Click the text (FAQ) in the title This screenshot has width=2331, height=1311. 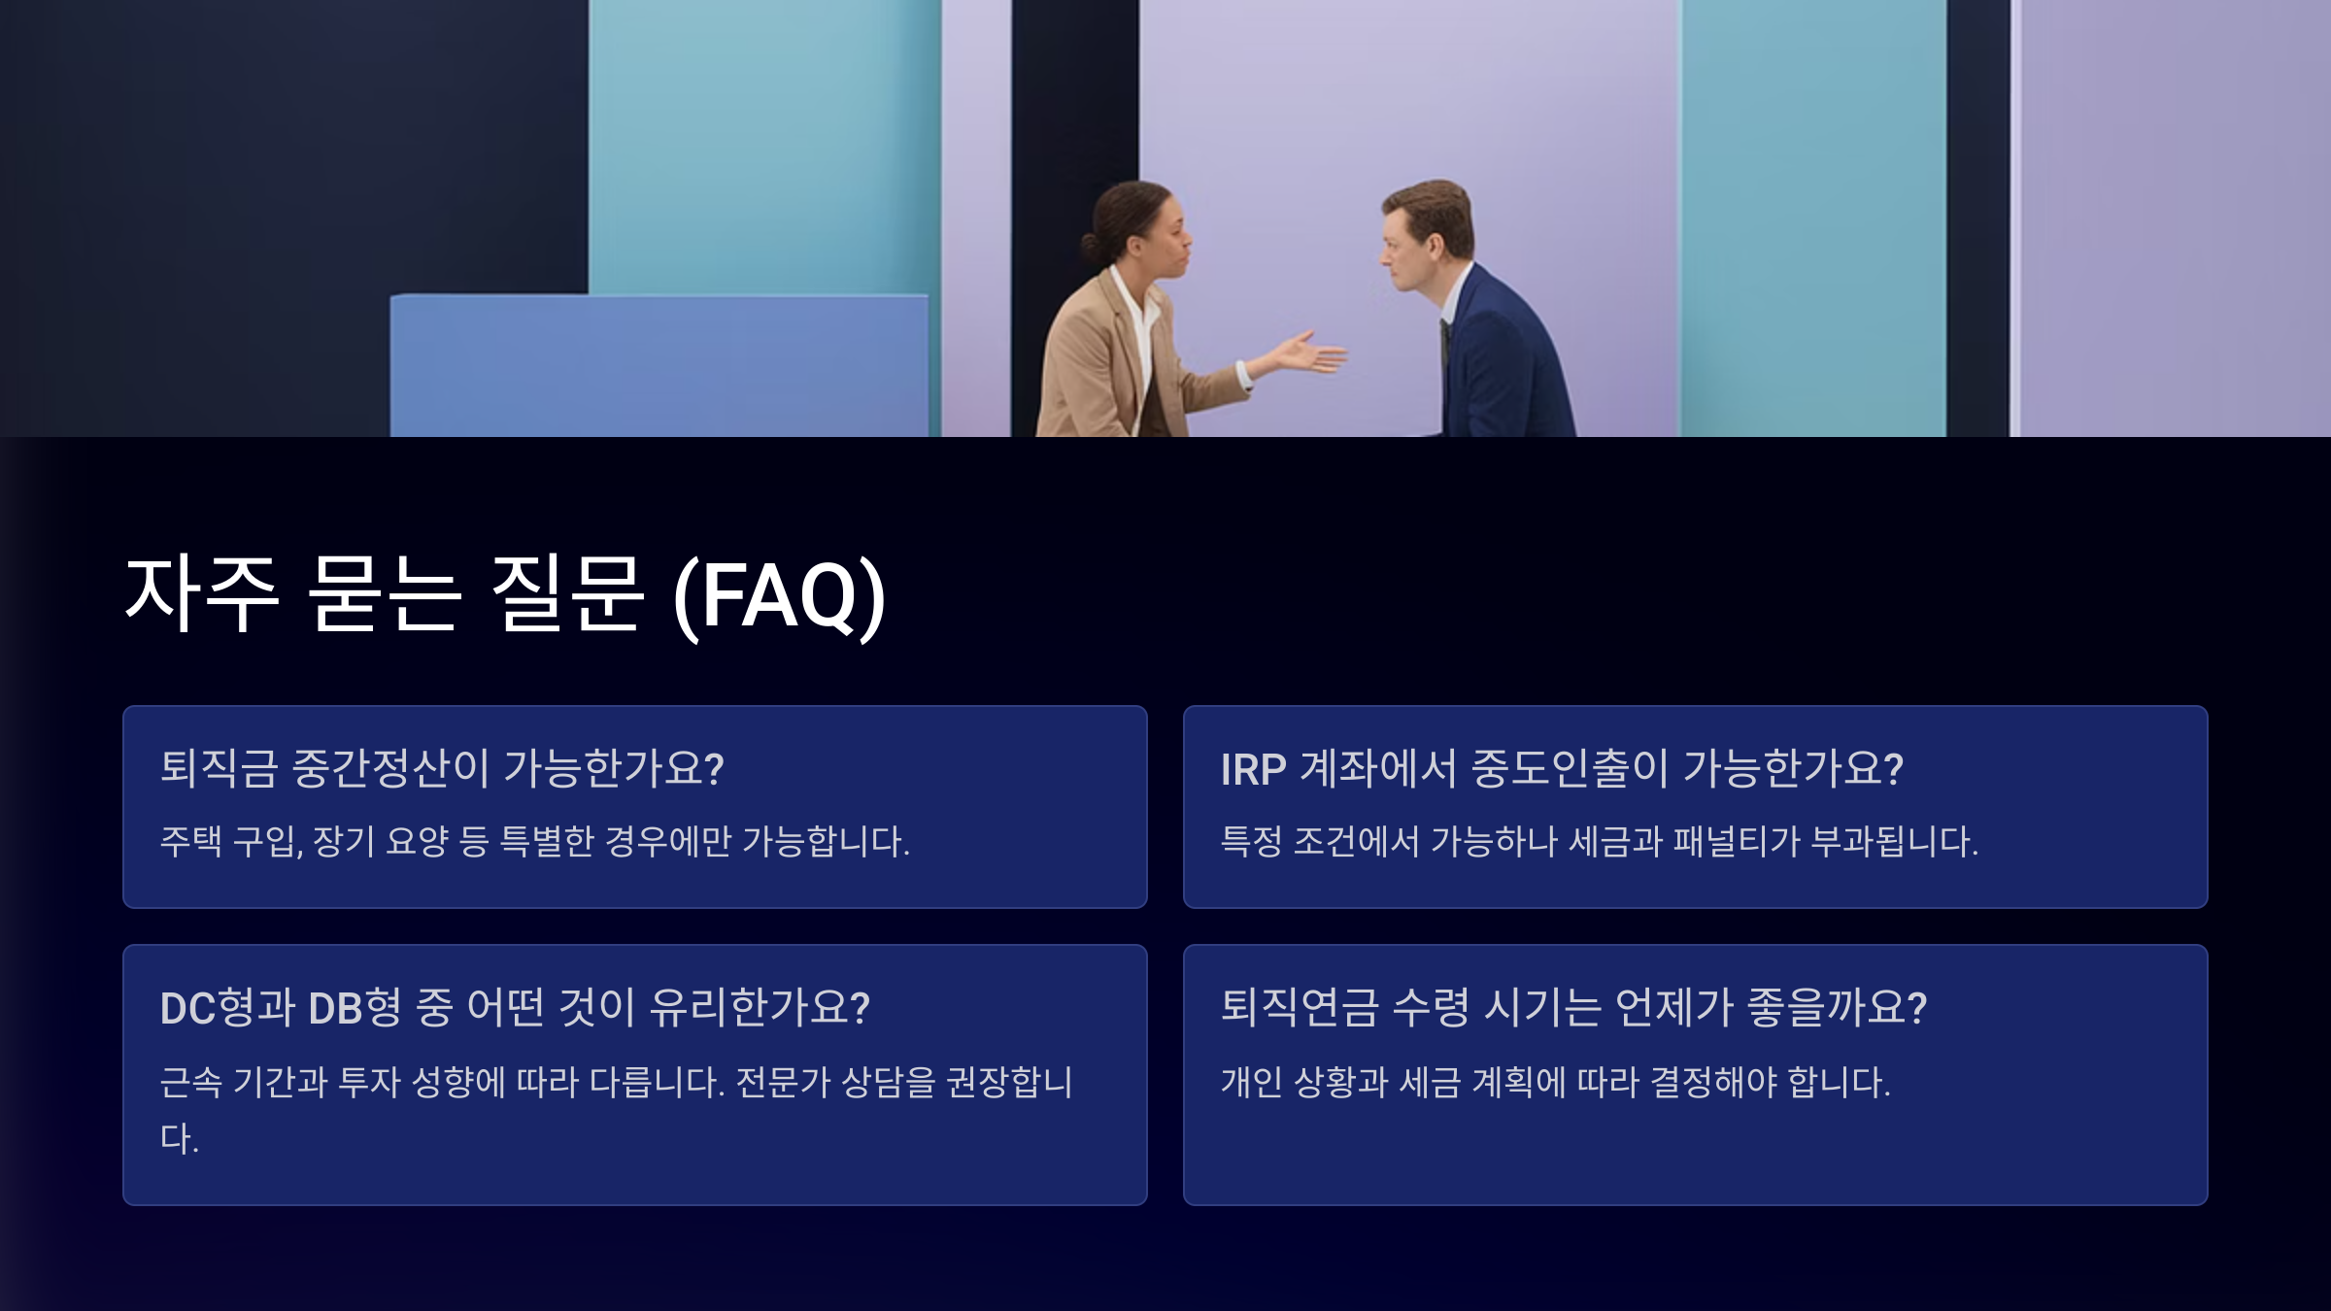pos(779,595)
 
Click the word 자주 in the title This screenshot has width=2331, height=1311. pos(202,593)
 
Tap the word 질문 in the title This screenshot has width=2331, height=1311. pos(567,593)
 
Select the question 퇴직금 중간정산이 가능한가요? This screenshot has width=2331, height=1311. pos(442,768)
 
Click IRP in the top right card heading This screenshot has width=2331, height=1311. pos(1253,770)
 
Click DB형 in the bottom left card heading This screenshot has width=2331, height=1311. pos(355,1008)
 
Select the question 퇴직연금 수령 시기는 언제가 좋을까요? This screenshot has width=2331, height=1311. pos(1573,1007)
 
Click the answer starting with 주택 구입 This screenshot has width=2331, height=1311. pos(534,841)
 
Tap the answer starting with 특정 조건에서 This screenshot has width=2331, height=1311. pos(1599,841)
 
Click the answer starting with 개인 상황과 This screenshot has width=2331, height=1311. pos(1555,1082)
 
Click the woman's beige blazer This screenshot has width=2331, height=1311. pos(1088,369)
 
